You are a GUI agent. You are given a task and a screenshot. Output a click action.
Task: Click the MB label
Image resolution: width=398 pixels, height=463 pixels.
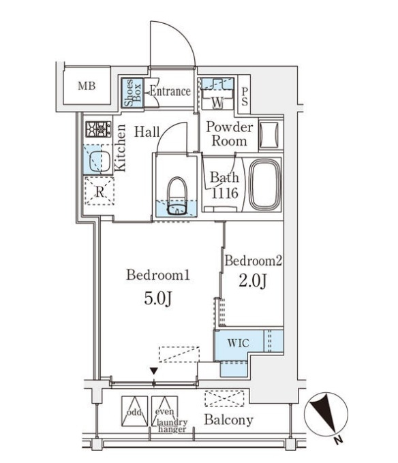tap(87, 86)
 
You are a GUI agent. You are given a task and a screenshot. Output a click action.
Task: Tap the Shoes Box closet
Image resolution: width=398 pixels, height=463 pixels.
tap(133, 93)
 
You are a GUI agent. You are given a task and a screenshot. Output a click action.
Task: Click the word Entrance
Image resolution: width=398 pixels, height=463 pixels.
tap(170, 91)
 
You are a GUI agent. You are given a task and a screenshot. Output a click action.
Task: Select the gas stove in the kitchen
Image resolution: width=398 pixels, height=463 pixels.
tap(98, 129)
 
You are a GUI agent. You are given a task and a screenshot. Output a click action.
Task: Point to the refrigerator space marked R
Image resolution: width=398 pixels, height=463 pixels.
tap(99, 191)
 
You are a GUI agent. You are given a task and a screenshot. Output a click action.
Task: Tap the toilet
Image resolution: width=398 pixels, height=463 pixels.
tap(177, 196)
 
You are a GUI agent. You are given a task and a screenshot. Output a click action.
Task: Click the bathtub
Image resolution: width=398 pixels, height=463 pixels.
tap(264, 185)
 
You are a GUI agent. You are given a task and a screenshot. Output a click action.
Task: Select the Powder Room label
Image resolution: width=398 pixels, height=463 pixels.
tap(230, 133)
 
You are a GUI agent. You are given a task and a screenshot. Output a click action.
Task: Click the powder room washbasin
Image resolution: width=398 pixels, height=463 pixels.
tap(269, 135)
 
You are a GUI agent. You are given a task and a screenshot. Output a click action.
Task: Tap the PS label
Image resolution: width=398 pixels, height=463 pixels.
tap(245, 97)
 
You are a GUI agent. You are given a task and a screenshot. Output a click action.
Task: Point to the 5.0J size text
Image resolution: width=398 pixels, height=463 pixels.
tap(157, 299)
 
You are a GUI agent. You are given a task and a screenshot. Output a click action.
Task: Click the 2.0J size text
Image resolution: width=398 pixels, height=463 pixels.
tap(253, 281)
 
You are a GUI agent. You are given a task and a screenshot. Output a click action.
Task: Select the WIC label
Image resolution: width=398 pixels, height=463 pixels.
tap(238, 343)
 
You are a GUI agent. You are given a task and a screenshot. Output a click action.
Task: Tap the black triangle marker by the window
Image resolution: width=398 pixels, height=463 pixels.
tap(153, 371)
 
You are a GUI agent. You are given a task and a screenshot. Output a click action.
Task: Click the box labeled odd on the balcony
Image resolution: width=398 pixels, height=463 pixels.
tap(134, 411)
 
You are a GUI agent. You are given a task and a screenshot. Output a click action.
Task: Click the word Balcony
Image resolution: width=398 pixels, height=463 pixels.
tap(229, 419)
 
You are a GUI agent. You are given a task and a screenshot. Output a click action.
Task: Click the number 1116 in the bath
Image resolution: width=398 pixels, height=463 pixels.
tap(225, 193)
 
